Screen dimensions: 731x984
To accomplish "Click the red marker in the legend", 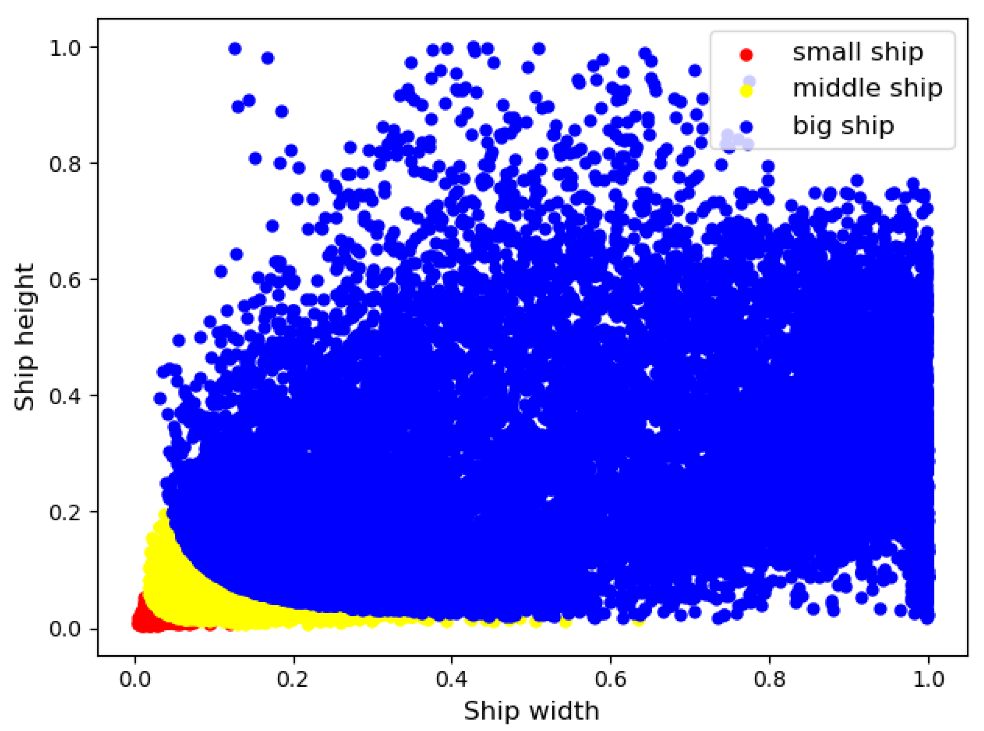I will (746, 55).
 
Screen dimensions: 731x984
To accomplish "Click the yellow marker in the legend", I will (746, 91).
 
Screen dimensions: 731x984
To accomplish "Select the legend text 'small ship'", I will (858, 52).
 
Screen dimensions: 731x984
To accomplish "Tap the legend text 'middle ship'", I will (867, 88).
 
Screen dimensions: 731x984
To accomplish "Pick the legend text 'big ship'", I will (843, 126).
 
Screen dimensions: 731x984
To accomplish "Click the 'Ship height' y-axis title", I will (24, 337).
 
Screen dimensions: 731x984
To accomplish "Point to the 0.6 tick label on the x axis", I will (610, 679).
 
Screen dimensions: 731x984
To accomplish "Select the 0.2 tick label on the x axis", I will (293, 679).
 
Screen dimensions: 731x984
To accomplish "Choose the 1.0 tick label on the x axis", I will (929, 679).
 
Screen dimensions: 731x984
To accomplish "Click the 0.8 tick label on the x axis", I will (770, 679).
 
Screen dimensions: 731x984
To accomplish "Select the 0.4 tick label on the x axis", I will (452, 679).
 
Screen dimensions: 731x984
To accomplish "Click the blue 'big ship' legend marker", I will (746, 128).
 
